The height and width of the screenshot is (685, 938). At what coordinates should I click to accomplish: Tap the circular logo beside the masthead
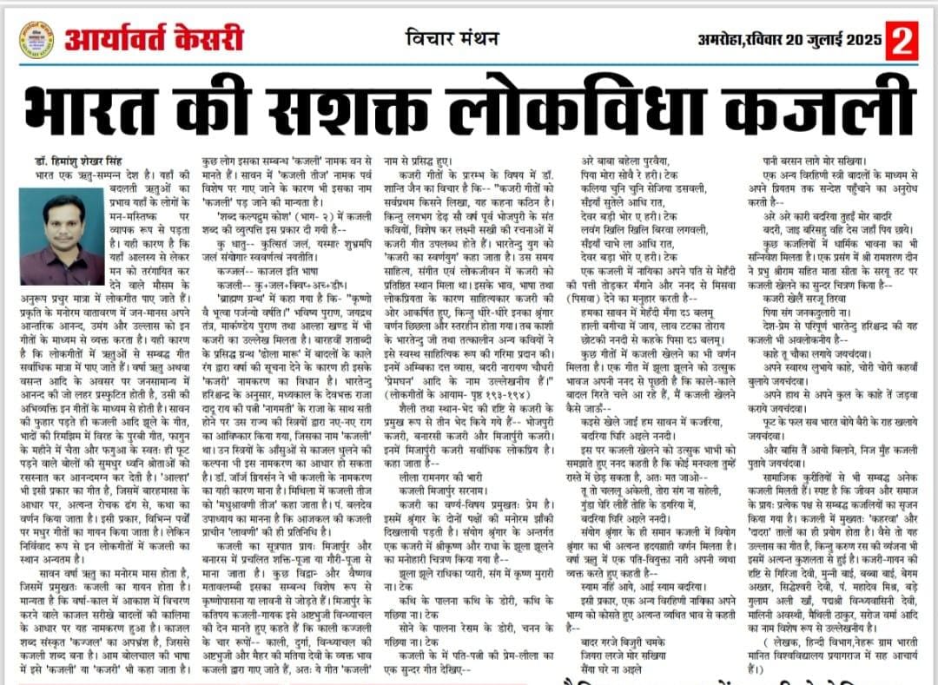tap(36, 41)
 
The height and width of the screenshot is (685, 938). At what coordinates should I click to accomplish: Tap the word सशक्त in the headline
tap(383, 109)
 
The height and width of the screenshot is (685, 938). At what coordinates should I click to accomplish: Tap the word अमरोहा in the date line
tap(723, 40)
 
